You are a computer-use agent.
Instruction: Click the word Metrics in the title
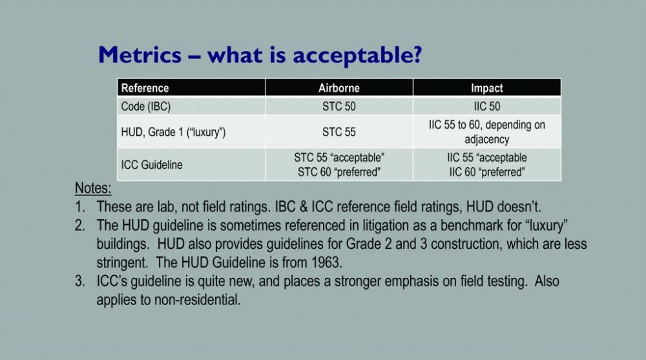(140, 54)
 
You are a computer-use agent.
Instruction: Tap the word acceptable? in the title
(358, 56)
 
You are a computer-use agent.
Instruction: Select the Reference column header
(145, 89)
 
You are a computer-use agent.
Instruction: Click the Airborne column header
(339, 89)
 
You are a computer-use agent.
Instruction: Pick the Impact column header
(487, 89)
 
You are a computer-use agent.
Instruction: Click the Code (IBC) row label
(146, 107)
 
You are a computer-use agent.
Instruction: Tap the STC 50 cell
(339, 107)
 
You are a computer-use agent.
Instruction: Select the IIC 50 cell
(487, 107)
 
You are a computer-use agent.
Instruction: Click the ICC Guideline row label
(152, 165)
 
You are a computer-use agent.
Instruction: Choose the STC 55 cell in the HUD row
(339, 132)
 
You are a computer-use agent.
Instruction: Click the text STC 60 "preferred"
(339, 172)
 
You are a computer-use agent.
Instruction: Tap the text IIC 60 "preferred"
(487, 172)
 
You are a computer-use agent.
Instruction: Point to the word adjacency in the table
(487, 140)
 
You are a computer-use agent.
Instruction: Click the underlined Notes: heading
(93, 188)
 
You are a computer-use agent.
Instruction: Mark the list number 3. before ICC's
(80, 281)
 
